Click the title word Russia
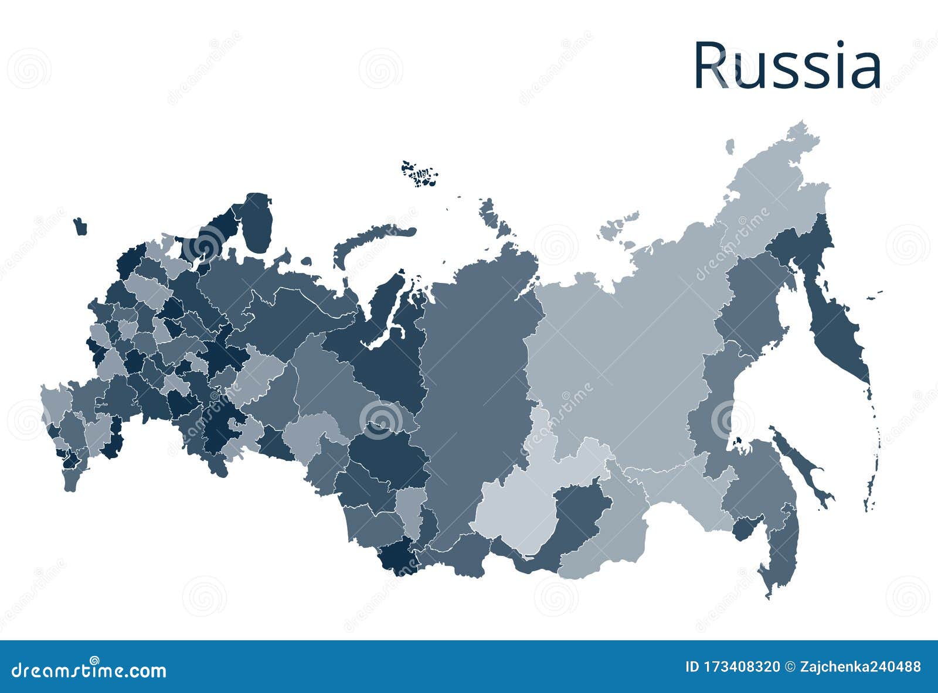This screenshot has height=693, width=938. tap(787, 66)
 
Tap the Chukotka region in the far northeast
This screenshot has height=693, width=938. tap(774, 193)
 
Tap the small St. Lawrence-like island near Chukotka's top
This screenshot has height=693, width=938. tap(730, 146)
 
